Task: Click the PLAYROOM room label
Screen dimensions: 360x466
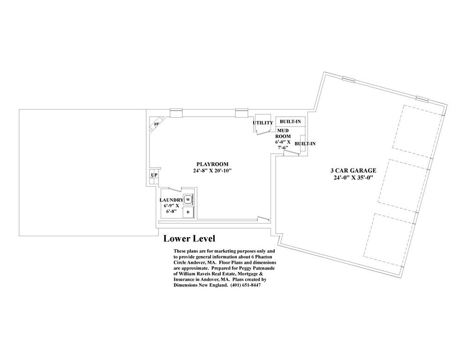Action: click(x=212, y=164)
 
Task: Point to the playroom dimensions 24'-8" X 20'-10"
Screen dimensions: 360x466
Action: click(x=212, y=171)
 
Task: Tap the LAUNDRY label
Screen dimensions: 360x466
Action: click(x=171, y=200)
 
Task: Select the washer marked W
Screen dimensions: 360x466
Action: click(x=188, y=199)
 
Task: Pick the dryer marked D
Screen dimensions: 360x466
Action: click(x=188, y=212)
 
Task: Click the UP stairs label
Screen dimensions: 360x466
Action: click(x=154, y=175)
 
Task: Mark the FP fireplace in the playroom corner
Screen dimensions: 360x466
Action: click(x=157, y=125)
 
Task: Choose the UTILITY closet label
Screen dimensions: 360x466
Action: click(x=263, y=123)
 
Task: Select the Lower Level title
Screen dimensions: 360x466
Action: click(x=189, y=239)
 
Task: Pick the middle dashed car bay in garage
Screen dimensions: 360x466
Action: click(x=404, y=183)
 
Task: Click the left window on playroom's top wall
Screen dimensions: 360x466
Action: click(x=176, y=112)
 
